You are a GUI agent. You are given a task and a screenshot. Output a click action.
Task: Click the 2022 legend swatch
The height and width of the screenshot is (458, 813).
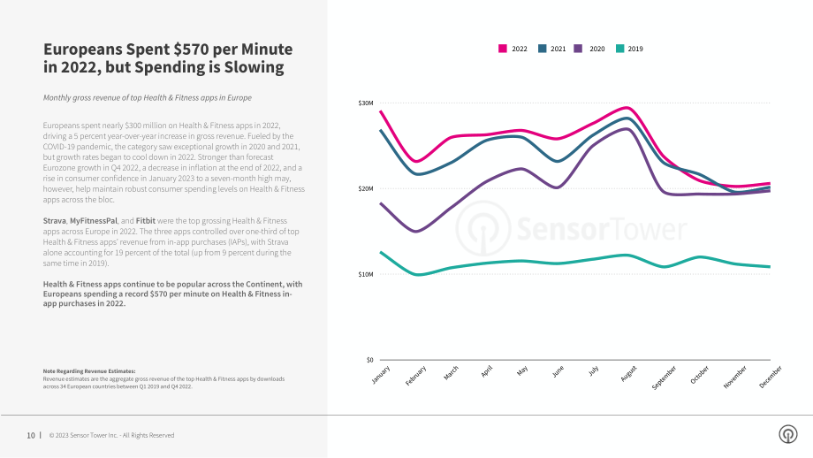[x=503, y=49]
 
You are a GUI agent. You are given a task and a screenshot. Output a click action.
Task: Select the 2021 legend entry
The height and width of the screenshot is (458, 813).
[x=551, y=49]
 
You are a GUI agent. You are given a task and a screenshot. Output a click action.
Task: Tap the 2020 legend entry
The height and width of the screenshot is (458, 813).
[x=589, y=49]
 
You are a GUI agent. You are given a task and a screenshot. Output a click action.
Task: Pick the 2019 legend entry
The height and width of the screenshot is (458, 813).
[x=629, y=49]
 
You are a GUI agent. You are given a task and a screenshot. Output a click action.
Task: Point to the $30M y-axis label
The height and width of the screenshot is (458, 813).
[x=366, y=103]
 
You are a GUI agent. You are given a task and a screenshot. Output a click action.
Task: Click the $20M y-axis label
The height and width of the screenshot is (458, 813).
[x=366, y=189]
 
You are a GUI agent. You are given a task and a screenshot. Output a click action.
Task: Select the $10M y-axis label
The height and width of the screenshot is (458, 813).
[x=366, y=274]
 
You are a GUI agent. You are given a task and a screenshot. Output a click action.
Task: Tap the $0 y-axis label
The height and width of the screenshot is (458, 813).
[x=369, y=360]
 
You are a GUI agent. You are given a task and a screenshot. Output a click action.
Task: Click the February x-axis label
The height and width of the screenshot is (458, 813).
[x=416, y=376]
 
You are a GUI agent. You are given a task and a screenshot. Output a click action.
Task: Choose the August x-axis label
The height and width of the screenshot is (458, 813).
[x=628, y=373]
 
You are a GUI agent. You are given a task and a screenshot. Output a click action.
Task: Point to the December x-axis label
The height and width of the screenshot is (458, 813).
[x=770, y=377]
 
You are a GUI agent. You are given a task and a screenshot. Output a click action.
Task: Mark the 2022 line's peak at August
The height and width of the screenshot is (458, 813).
[x=627, y=108]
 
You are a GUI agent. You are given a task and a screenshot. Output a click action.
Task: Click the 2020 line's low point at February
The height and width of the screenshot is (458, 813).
[x=417, y=232]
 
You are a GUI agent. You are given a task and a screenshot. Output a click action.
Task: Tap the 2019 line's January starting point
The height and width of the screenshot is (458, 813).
[x=381, y=252]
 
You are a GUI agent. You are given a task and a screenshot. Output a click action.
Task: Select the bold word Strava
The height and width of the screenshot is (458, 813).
[x=55, y=221]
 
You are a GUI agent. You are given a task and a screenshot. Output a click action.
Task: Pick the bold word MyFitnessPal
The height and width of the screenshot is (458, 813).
[x=94, y=221]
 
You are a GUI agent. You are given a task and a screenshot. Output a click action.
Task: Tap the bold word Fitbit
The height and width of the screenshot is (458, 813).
[x=146, y=221]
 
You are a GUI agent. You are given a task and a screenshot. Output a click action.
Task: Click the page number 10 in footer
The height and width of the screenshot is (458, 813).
[x=31, y=436]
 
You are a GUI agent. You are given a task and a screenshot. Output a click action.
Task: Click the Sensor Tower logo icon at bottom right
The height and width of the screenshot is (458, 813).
[x=788, y=434]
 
